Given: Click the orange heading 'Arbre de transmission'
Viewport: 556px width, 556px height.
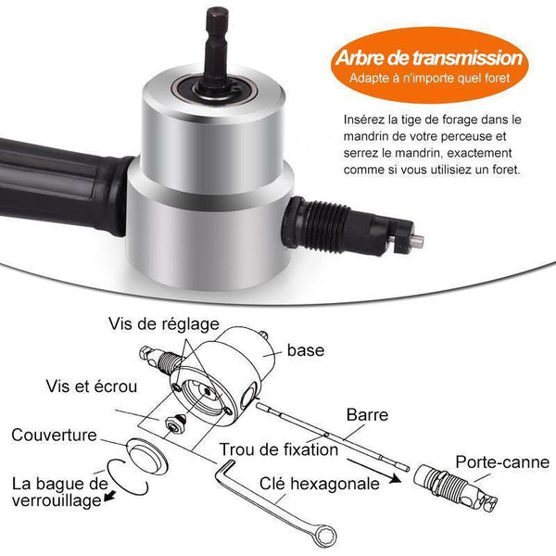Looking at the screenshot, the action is point(429,57).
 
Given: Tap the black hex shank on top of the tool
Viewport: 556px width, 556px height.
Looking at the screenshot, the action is point(217,50).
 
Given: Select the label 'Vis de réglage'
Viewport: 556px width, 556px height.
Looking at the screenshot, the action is point(164,324).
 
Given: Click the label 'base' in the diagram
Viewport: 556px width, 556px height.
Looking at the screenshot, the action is point(306,350).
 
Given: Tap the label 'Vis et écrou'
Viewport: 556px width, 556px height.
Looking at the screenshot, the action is point(92,386).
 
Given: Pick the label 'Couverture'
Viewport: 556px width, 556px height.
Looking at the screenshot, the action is point(54,436).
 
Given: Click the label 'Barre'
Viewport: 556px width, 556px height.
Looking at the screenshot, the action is point(367,415).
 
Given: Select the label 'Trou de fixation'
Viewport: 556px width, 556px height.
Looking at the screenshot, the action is point(279,449).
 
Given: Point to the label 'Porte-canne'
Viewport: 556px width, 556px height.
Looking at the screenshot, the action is point(502,462).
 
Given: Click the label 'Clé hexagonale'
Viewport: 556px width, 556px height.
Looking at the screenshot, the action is point(320,484).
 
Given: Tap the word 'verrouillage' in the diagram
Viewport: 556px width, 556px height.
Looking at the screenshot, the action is point(57,500).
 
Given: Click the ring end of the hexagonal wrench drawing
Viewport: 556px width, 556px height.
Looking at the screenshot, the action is point(323,536).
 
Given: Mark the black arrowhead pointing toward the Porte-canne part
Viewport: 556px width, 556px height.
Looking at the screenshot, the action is point(395,479).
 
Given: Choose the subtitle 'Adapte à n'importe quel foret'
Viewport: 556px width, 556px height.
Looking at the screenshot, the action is point(429,78).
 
